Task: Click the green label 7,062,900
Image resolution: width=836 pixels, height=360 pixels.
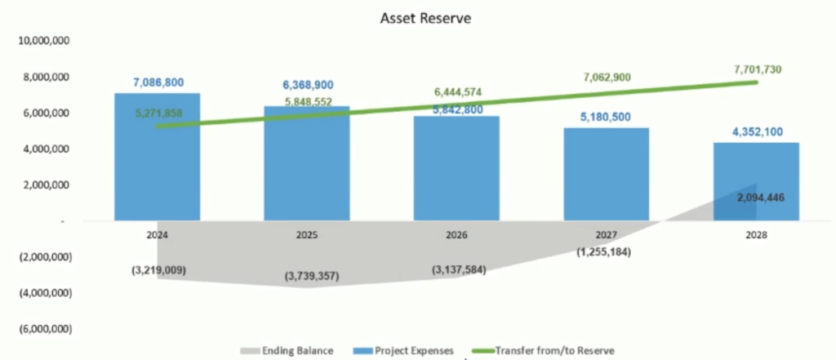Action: [x=607, y=78]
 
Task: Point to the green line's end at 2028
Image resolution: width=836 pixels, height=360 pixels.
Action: [x=757, y=82]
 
